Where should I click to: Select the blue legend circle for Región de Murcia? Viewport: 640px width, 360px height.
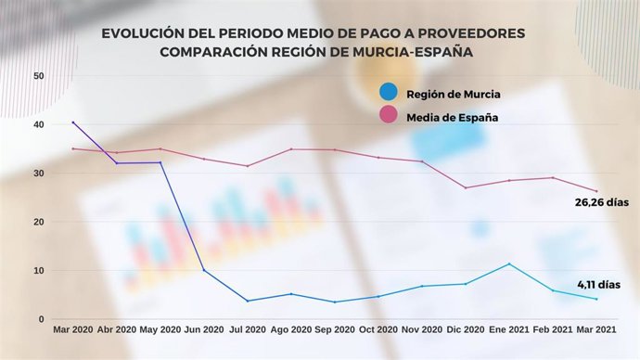389,92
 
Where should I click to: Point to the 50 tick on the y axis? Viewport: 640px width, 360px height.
38,75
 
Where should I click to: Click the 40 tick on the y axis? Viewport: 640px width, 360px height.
38,124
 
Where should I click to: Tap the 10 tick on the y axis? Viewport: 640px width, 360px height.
38,270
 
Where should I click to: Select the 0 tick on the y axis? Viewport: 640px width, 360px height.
41,319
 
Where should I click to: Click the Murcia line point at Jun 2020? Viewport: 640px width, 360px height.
204,270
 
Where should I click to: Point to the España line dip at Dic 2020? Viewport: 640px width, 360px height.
466,187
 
